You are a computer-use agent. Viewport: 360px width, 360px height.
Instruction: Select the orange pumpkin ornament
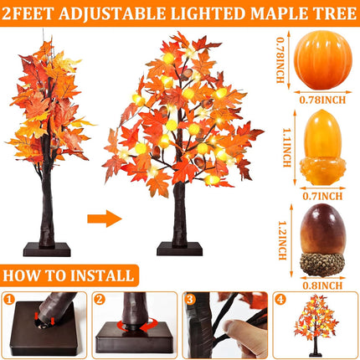click(323, 59)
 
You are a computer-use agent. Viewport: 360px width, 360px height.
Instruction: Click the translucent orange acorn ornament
click(322, 147)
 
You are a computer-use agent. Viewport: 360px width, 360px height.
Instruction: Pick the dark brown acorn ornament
click(322, 240)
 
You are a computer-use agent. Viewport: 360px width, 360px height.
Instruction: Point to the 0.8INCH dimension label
click(322, 285)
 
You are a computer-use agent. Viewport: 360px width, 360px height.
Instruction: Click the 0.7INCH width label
click(322, 196)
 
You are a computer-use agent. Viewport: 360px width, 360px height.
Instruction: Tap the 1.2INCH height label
click(283, 240)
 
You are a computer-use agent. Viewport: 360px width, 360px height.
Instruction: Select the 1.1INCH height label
click(287, 147)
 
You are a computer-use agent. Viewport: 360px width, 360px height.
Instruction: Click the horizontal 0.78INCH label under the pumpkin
click(322, 100)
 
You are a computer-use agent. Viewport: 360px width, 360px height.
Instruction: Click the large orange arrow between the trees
click(105, 219)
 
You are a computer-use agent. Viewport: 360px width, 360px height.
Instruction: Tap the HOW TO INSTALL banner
click(69, 275)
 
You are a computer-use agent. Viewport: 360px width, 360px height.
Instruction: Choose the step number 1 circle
click(9, 300)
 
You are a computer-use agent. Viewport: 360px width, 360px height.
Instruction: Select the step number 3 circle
click(190, 300)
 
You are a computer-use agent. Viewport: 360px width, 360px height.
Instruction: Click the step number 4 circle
click(280, 300)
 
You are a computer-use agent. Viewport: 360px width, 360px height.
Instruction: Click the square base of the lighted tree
click(179, 249)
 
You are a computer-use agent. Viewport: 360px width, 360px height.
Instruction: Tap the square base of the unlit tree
click(47, 249)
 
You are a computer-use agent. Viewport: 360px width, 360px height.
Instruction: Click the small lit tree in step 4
click(316, 326)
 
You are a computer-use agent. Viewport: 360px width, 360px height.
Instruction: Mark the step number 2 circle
click(100, 300)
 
